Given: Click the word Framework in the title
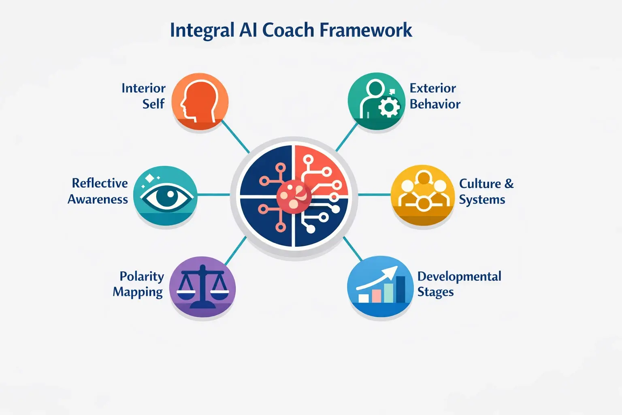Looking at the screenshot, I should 366,30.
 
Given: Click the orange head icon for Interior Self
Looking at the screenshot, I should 200,101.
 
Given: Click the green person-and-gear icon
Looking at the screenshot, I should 376,101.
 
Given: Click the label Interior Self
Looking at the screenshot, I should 144,96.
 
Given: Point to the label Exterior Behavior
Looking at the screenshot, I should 435,96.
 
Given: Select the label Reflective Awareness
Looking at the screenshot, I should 98,191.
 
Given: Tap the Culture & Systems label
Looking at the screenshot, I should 486,191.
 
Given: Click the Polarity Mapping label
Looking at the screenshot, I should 138,284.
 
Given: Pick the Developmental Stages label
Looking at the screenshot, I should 459,284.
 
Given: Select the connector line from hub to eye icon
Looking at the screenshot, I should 214,195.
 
